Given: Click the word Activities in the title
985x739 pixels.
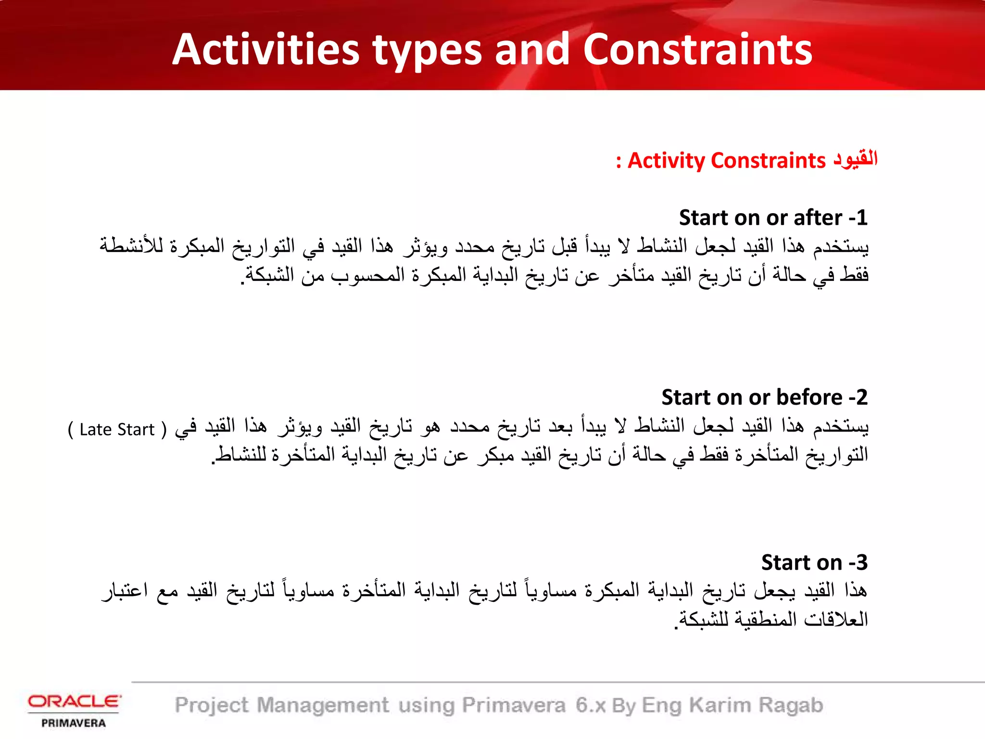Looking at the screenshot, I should click(x=265, y=50).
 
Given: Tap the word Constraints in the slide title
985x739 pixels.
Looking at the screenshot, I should click(x=697, y=50).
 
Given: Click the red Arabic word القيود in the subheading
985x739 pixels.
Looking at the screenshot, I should click(x=856, y=159).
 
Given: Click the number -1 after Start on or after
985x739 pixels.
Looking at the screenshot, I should click(x=858, y=217).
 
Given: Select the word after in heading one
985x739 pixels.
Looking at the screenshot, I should click(x=818, y=217).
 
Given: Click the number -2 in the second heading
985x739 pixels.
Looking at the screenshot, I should click(x=858, y=397).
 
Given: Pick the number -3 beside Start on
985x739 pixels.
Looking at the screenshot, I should click(x=858, y=562).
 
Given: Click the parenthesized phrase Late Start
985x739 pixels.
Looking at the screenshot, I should click(x=117, y=429).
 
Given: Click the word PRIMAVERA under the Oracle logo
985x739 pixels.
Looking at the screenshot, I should click(x=74, y=723).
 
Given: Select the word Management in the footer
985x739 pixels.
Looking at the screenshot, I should click(x=323, y=705).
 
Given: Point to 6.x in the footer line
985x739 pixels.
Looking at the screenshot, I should click(x=590, y=705).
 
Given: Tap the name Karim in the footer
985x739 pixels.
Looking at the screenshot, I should click(x=720, y=705).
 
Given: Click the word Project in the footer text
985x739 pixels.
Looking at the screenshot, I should click(x=212, y=705).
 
